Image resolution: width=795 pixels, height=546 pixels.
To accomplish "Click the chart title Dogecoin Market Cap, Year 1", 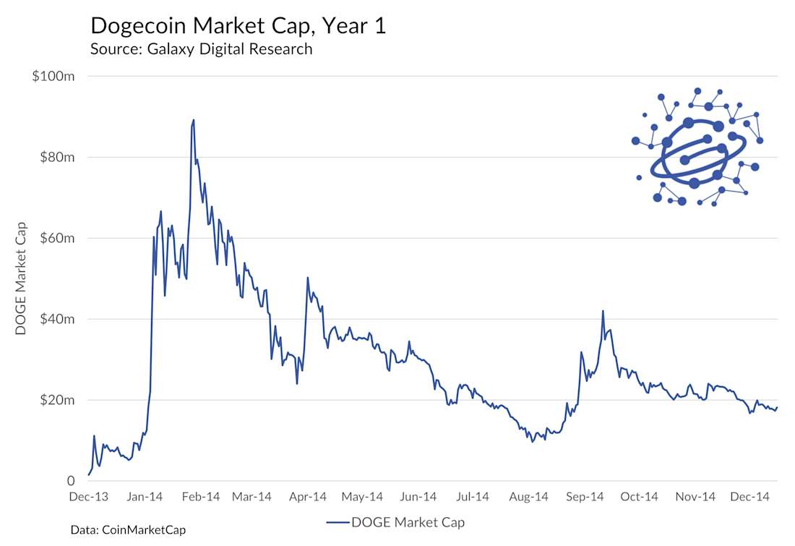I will click(238, 26).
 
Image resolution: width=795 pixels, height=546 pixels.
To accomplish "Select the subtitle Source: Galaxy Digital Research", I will click(201, 49).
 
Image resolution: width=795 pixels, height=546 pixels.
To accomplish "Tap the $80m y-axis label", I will click(56, 157).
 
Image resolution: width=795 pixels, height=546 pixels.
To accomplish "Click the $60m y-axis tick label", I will click(56, 238).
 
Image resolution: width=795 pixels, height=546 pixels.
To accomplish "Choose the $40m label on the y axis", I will click(56, 319).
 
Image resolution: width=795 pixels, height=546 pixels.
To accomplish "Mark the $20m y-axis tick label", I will click(56, 400).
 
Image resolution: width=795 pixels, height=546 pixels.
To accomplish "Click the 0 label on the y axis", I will click(72, 481).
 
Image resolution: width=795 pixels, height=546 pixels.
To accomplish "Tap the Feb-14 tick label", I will click(200, 497).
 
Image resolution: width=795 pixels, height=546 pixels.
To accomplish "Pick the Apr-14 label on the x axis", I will click(307, 497).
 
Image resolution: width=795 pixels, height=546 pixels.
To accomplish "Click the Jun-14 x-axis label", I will click(418, 497).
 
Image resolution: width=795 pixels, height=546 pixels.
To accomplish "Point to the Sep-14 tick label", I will click(585, 497).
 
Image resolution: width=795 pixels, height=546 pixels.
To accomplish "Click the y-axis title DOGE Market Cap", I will click(21, 278).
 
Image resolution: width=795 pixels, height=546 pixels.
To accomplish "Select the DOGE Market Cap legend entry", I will click(395, 521).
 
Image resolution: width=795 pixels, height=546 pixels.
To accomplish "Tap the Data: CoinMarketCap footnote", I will click(128, 530).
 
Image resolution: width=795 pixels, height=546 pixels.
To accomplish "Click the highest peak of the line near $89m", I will click(193, 120).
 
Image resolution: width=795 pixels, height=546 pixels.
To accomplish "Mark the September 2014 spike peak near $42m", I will click(603, 311).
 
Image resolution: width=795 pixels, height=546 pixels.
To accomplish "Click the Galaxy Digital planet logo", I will click(697, 148).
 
